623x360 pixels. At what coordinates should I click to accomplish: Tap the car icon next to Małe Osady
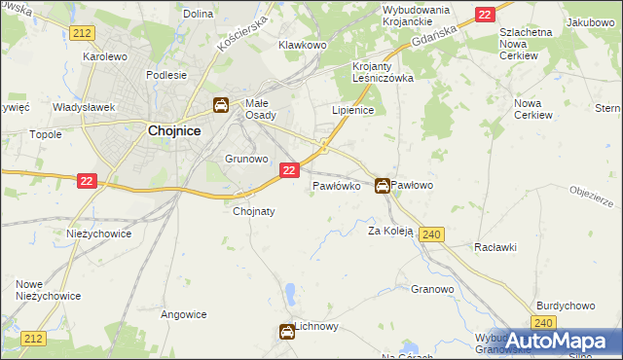[x=221, y=105]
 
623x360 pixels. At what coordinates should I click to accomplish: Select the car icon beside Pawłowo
[x=384, y=185]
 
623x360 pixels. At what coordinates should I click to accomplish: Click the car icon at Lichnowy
[x=287, y=333]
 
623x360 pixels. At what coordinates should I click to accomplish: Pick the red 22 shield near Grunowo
[x=288, y=170]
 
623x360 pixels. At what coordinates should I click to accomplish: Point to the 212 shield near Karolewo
[x=82, y=33]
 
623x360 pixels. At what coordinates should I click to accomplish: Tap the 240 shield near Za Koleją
[x=433, y=234]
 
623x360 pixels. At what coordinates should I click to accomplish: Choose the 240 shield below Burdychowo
[x=544, y=322]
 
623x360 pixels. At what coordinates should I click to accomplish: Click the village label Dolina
[x=198, y=14]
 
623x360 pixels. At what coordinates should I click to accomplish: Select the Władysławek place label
[x=84, y=107]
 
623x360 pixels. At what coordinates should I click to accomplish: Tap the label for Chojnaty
[x=253, y=211]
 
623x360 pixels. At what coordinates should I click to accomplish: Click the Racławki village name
[x=495, y=247]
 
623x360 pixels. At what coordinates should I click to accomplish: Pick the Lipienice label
[x=353, y=111]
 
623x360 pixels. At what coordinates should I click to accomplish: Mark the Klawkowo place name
[x=301, y=45]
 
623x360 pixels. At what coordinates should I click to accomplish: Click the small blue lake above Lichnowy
[x=290, y=293]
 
